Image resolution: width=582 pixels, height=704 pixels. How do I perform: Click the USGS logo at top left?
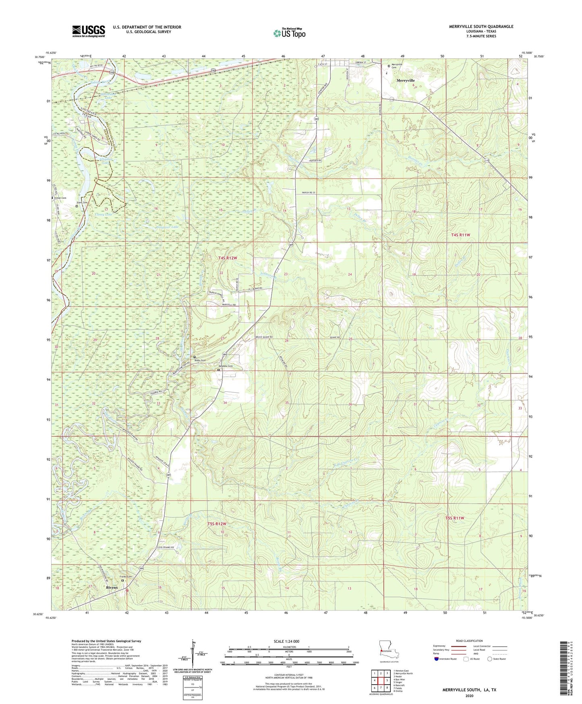coord(89,31)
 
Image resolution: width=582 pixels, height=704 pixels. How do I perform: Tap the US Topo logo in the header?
coord(289,33)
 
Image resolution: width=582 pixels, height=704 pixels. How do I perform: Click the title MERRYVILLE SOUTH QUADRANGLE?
coord(481,27)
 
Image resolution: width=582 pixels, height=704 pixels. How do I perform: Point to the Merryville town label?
coord(406,81)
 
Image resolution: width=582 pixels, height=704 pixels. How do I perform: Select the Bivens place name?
coord(112,587)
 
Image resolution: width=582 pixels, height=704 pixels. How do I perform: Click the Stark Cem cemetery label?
coord(82,202)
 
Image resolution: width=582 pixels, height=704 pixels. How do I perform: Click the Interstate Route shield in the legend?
coord(437,659)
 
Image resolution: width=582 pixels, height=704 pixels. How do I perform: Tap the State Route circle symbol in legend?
coord(489,659)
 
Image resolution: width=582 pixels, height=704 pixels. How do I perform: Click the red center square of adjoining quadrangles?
coord(381,680)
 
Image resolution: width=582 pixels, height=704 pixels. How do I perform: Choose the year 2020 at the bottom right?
coord(469,696)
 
